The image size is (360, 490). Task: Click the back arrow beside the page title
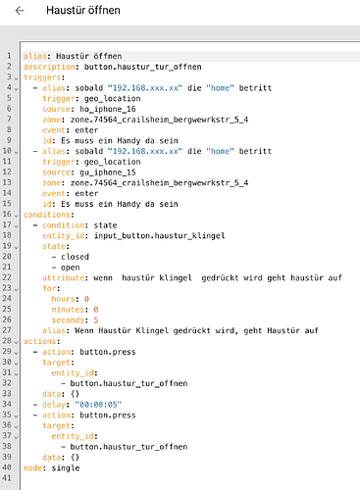(20, 11)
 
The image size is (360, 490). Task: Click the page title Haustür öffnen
(83, 10)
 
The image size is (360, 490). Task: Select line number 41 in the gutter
(7, 478)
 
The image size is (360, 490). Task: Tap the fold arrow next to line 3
(16, 78)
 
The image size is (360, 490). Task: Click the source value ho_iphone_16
(108, 109)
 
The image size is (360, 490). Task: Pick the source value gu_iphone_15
(108, 172)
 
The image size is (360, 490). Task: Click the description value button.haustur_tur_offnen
(143, 67)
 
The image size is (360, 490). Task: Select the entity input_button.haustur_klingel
(159, 235)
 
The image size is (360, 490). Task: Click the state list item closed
(75, 257)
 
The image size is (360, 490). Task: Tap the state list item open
(71, 268)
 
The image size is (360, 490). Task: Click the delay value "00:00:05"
(98, 405)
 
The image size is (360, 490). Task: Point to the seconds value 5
(96, 320)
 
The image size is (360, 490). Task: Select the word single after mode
(66, 467)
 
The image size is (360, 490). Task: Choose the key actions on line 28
(40, 341)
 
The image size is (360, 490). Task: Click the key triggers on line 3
(42, 77)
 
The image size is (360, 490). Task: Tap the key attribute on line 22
(63, 278)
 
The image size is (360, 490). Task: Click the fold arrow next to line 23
(16, 289)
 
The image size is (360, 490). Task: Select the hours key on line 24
(63, 299)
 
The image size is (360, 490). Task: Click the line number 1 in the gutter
(9, 56)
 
